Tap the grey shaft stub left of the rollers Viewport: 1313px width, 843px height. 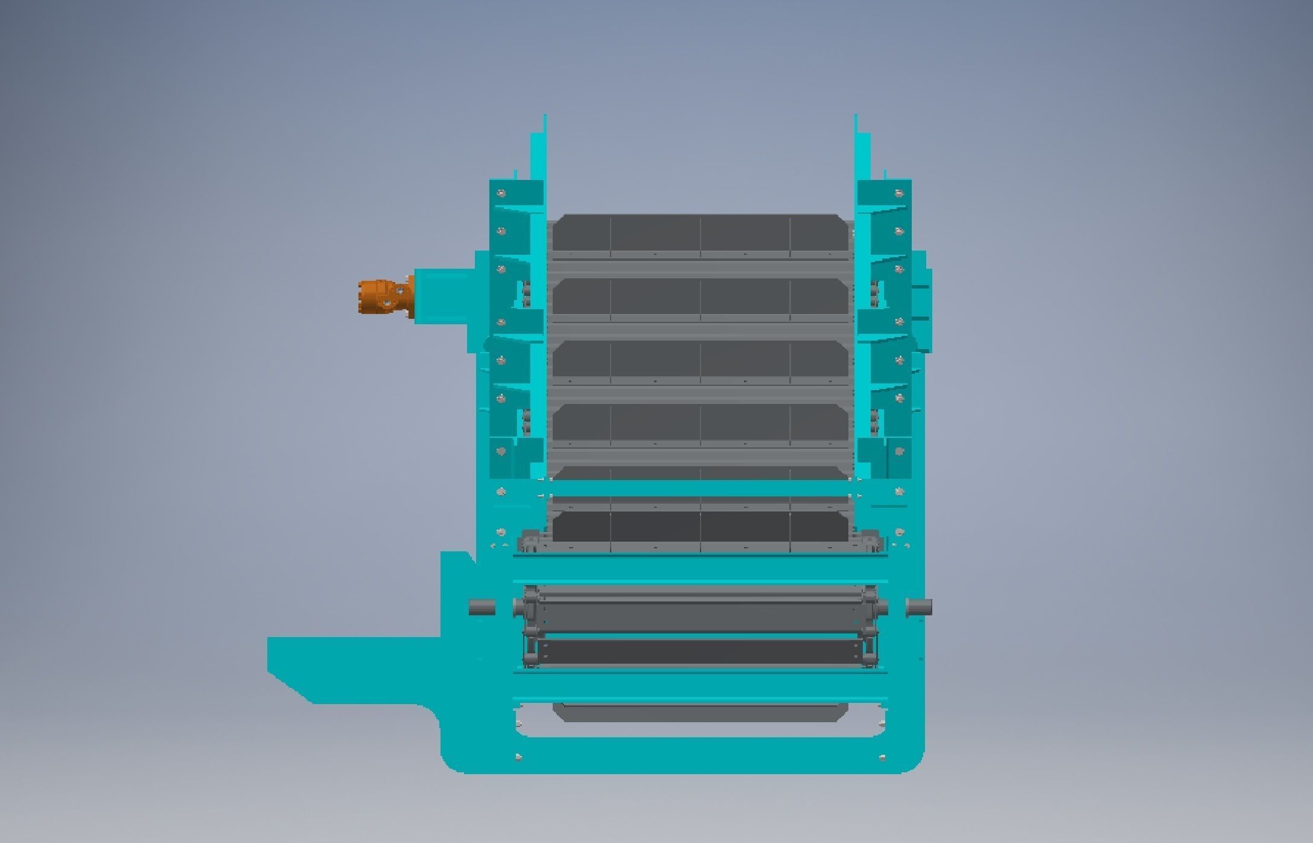482,607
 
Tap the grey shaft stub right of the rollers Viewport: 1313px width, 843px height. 918,607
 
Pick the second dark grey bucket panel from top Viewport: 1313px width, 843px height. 700,298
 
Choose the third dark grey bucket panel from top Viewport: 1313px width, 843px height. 700,361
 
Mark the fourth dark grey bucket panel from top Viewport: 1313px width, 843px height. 700,424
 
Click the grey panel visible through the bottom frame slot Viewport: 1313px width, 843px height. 700,713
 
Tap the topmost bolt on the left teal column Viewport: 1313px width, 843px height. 500,194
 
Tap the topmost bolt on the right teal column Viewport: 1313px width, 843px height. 899,194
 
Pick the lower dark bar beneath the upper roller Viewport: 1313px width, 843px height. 700,652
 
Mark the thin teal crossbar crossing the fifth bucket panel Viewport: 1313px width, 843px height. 700,489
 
